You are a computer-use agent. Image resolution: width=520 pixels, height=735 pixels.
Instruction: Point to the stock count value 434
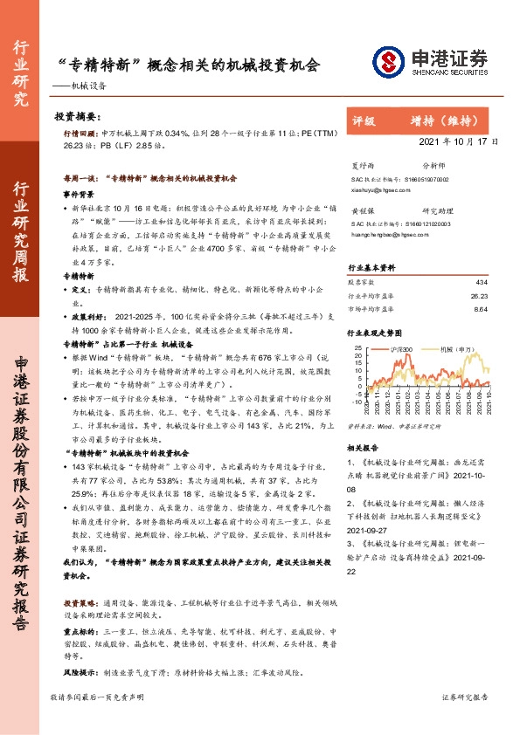480,282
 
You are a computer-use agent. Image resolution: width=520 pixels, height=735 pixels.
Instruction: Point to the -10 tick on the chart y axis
358,402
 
